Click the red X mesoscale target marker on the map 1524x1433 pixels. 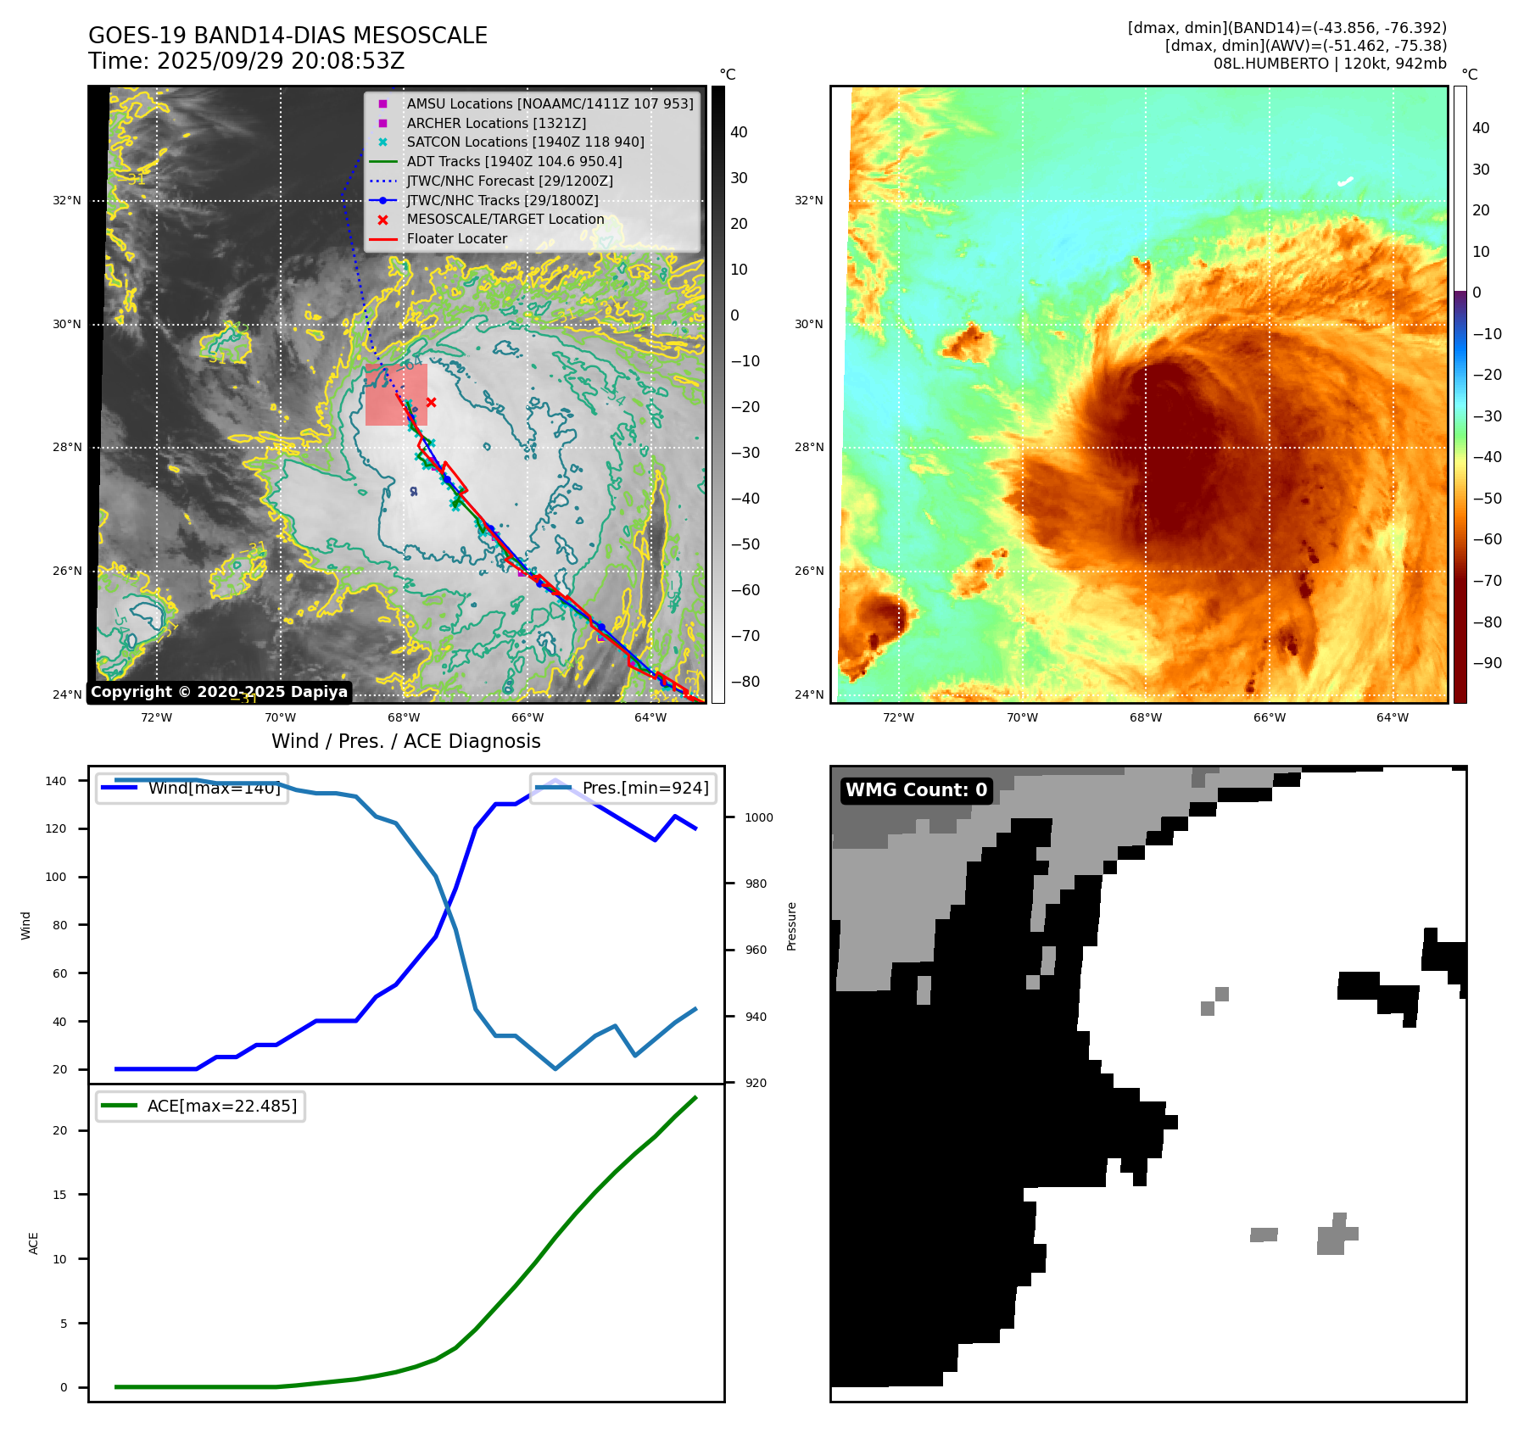pyautogui.click(x=431, y=402)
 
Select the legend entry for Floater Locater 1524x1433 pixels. pyautogui.click(x=456, y=239)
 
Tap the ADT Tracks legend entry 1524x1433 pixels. pyautogui.click(x=514, y=161)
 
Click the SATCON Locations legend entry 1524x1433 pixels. pyautogui.click(x=525, y=142)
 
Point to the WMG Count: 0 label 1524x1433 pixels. pyautogui.click(x=916, y=790)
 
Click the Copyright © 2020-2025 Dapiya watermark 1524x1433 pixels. pyautogui.click(x=219, y=692)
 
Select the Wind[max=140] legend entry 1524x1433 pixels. pyautogui.click(x=213, y=788)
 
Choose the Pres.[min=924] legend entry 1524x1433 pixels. pyautogui.click(x=645, y=788)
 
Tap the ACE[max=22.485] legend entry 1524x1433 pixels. pyautogui.click(x=221, y=1106)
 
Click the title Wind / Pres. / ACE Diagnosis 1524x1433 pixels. pyautogui.click(x=405, y=741)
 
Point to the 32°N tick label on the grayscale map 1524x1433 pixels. pyautogui.click(x=67, y=201)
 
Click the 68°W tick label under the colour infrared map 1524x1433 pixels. pyautogui.click(x=1145, y=717)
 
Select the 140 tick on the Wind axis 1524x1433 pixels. pyautogui.click(x=56, y=781)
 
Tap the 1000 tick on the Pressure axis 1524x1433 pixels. pyautogui.click(x=759, y=817)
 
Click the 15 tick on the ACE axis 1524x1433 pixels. pyautogui.click(x=59, y=1195)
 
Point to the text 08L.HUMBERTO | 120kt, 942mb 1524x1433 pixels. pyautogui.click(x=1329, y=64)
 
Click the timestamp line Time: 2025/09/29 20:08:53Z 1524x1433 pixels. pyautogui.click(x=246, y=61)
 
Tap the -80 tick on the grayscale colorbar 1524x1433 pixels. pyautogui.click(x=745, y=682)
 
